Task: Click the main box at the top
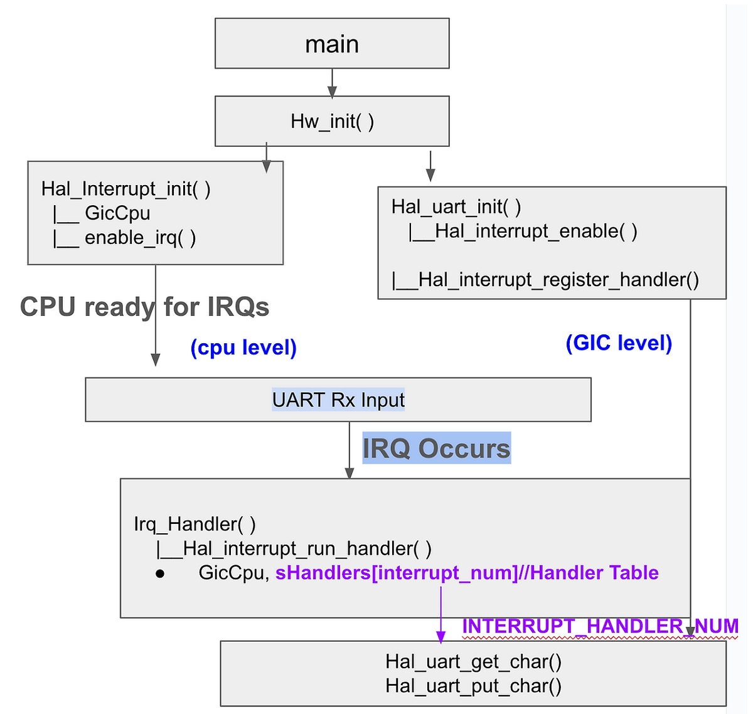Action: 332,44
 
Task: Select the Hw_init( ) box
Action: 332,121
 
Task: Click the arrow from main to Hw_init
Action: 332,83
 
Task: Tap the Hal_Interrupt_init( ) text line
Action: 125,189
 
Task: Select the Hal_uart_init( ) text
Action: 456,206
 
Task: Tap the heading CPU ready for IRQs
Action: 144,307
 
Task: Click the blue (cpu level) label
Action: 243,348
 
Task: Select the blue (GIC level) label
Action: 619,343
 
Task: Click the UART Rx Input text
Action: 338,400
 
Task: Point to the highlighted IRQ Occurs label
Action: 436,449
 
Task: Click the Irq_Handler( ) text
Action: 195,524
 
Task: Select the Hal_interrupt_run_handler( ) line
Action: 294,548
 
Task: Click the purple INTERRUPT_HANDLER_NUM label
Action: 600,626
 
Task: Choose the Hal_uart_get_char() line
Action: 473,662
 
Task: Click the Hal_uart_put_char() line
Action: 473,686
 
